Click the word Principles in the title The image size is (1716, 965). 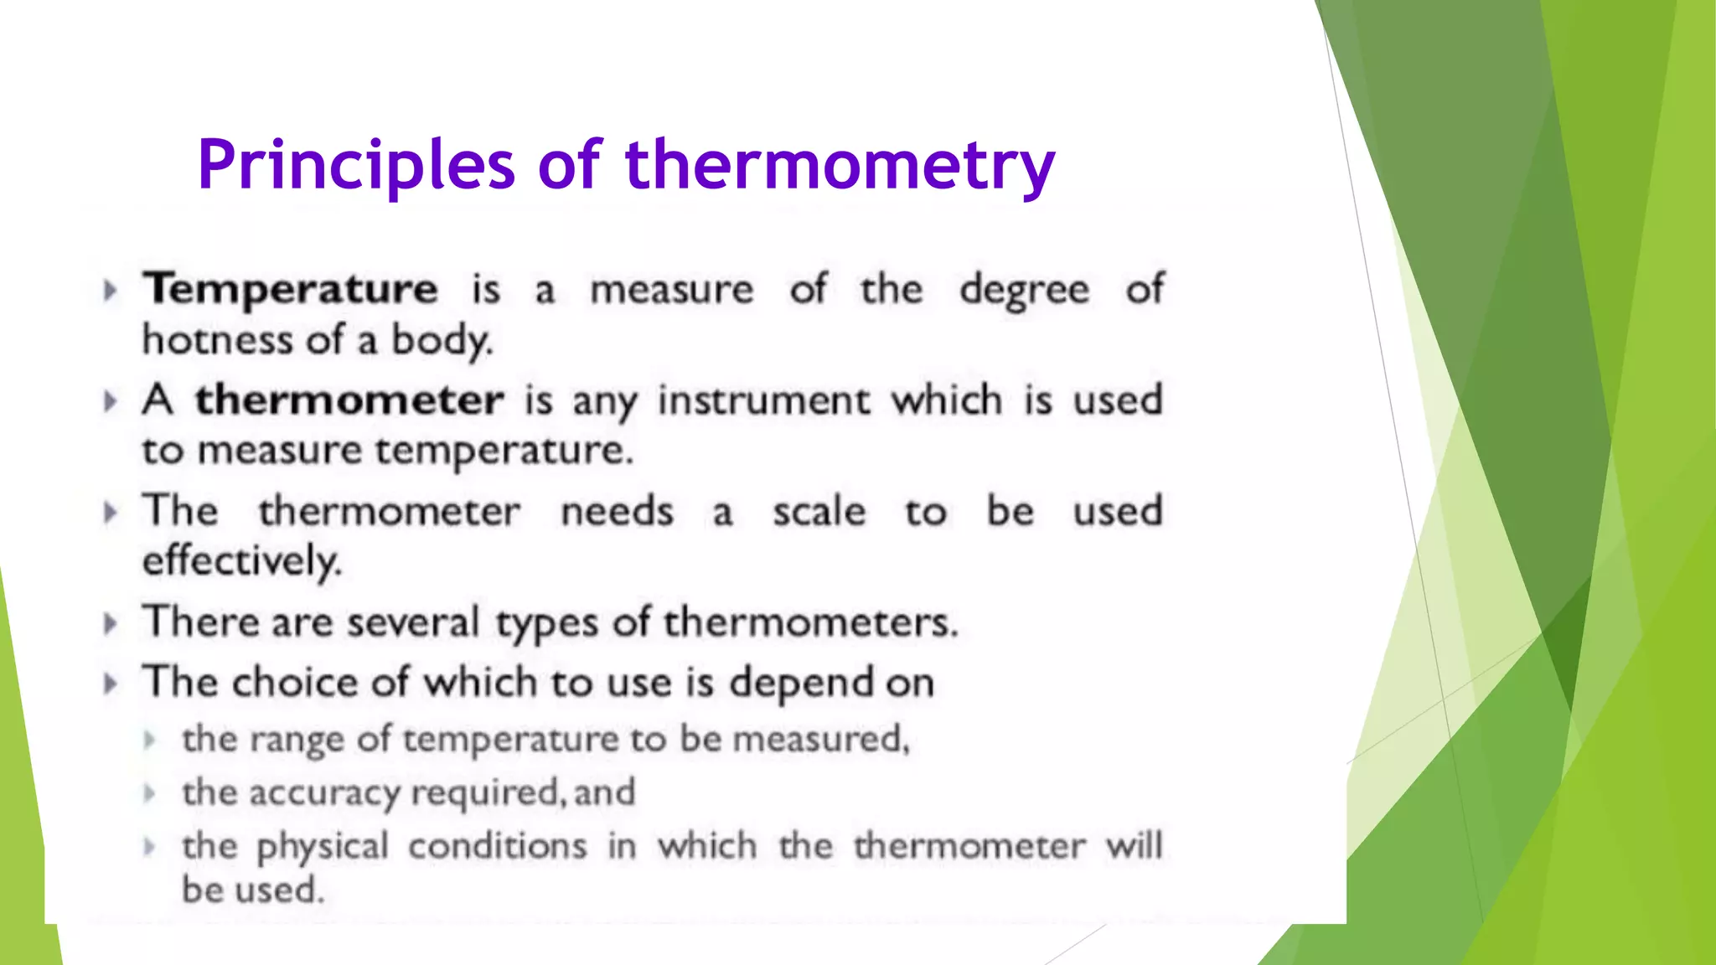pos(355,165)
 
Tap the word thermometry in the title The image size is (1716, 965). pos(840,165)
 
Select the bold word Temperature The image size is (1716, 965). pos(290,290)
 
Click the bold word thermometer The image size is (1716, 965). pos(349,400)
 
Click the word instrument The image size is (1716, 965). pos(763,400)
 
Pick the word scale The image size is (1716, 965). pos(819,511)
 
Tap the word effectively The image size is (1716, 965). pos(242,561)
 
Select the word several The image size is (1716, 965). pos(413,622)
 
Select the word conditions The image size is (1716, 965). pos(498,846)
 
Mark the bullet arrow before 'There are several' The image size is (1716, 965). pos(110,623)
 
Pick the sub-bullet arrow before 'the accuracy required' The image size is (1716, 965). pos(150,792)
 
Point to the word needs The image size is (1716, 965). pos(617,511)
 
